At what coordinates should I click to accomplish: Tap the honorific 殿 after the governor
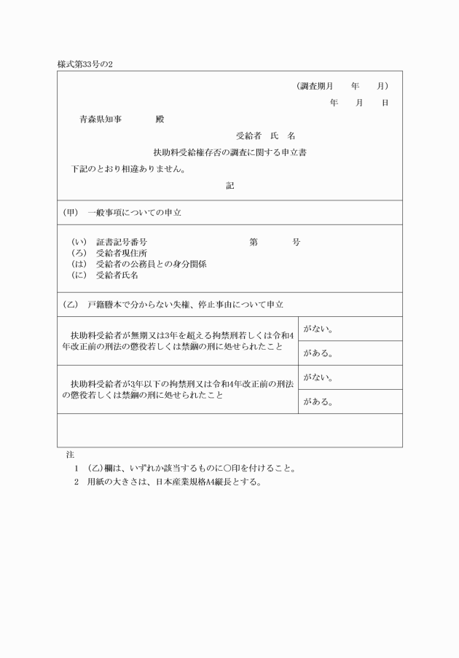click(160, 119)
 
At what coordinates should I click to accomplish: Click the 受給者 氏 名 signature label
click(265, 136)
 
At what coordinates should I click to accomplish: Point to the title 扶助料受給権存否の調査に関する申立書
click(229, 152)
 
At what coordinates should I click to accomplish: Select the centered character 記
click(229, 186)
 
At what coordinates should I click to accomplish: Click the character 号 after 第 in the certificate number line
click(296, 242)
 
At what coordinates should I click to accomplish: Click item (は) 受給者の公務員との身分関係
click(138, 264)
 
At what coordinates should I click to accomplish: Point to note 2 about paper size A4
click(167, 482)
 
